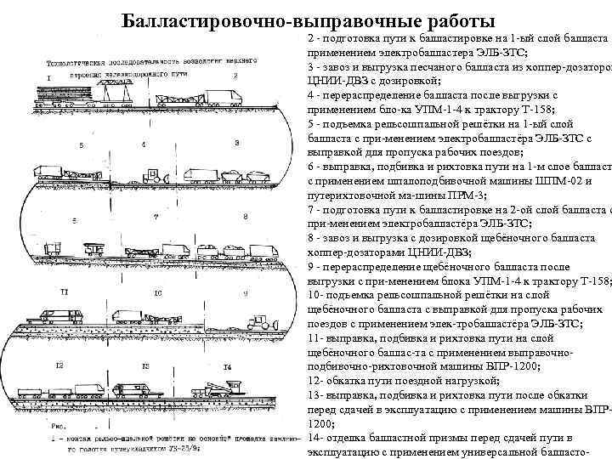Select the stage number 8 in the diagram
click(245, 218)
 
